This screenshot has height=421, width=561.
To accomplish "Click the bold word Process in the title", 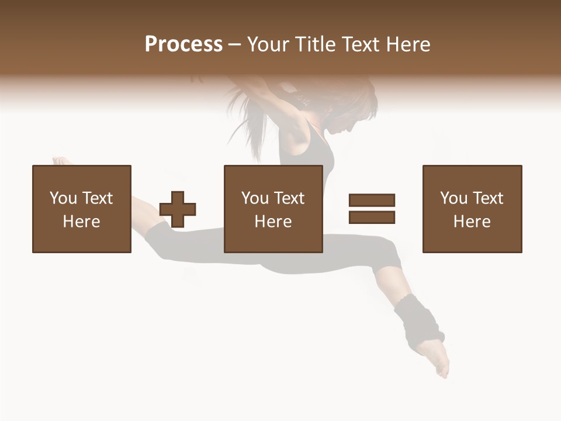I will [x=183, y=44].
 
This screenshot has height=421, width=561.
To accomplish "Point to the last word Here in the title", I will [x=409, y=44].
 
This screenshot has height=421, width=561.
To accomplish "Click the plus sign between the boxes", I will [x=178, y=209].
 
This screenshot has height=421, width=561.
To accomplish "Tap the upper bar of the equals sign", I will [x=372, y=200].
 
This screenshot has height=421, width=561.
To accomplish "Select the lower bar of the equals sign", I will [x=372, y=218].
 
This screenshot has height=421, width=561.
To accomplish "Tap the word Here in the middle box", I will [x=273, y=222].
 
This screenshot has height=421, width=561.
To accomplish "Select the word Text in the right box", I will [x=488, y=198].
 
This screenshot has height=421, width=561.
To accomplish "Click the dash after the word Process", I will [x=234, y=44].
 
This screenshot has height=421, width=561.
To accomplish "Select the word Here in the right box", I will [x=472, y=222].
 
